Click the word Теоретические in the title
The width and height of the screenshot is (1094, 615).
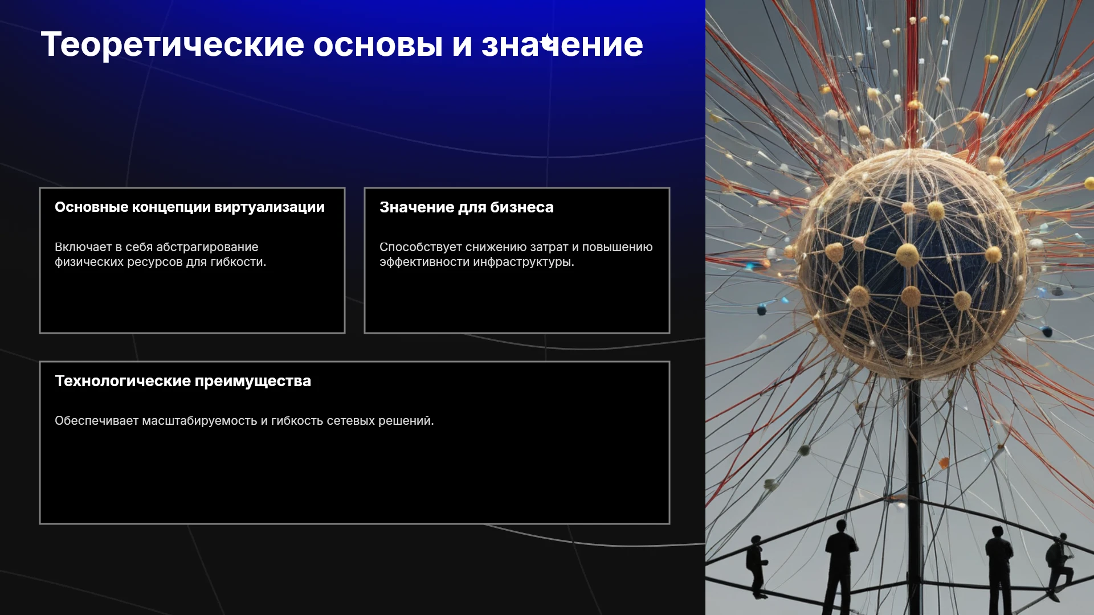pos(173,44)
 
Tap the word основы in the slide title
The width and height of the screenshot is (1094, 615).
pos(378,44)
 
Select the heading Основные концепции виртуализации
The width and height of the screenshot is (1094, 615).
pos(190,207)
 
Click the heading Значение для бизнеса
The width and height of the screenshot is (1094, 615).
pos(467,207)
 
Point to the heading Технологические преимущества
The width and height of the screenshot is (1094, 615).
pos(183,381)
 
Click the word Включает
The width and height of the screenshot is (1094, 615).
pos(83,247)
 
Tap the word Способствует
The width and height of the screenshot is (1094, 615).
pos(421,247)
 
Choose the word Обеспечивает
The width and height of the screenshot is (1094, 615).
pos(97,421)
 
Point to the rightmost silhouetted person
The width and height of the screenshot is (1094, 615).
pos(1058,567)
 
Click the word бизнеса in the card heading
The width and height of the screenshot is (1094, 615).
pos(522,207)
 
